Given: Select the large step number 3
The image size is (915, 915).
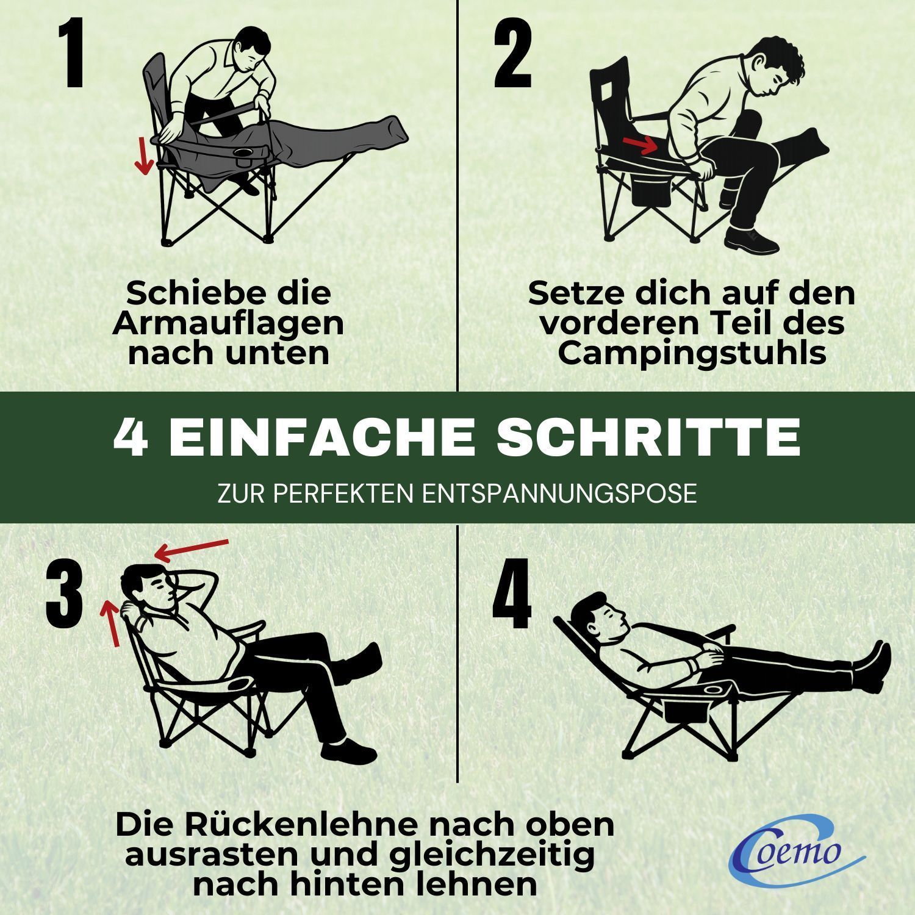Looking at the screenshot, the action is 64,596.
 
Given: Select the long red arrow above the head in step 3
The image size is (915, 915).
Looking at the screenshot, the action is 191,549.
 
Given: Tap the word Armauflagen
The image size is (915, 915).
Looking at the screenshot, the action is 228,323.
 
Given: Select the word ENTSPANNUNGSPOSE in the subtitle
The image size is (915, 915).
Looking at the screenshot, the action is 559,493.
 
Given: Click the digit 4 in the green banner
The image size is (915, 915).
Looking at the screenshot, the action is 131,437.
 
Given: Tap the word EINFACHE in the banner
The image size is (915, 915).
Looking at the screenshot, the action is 323,437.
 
